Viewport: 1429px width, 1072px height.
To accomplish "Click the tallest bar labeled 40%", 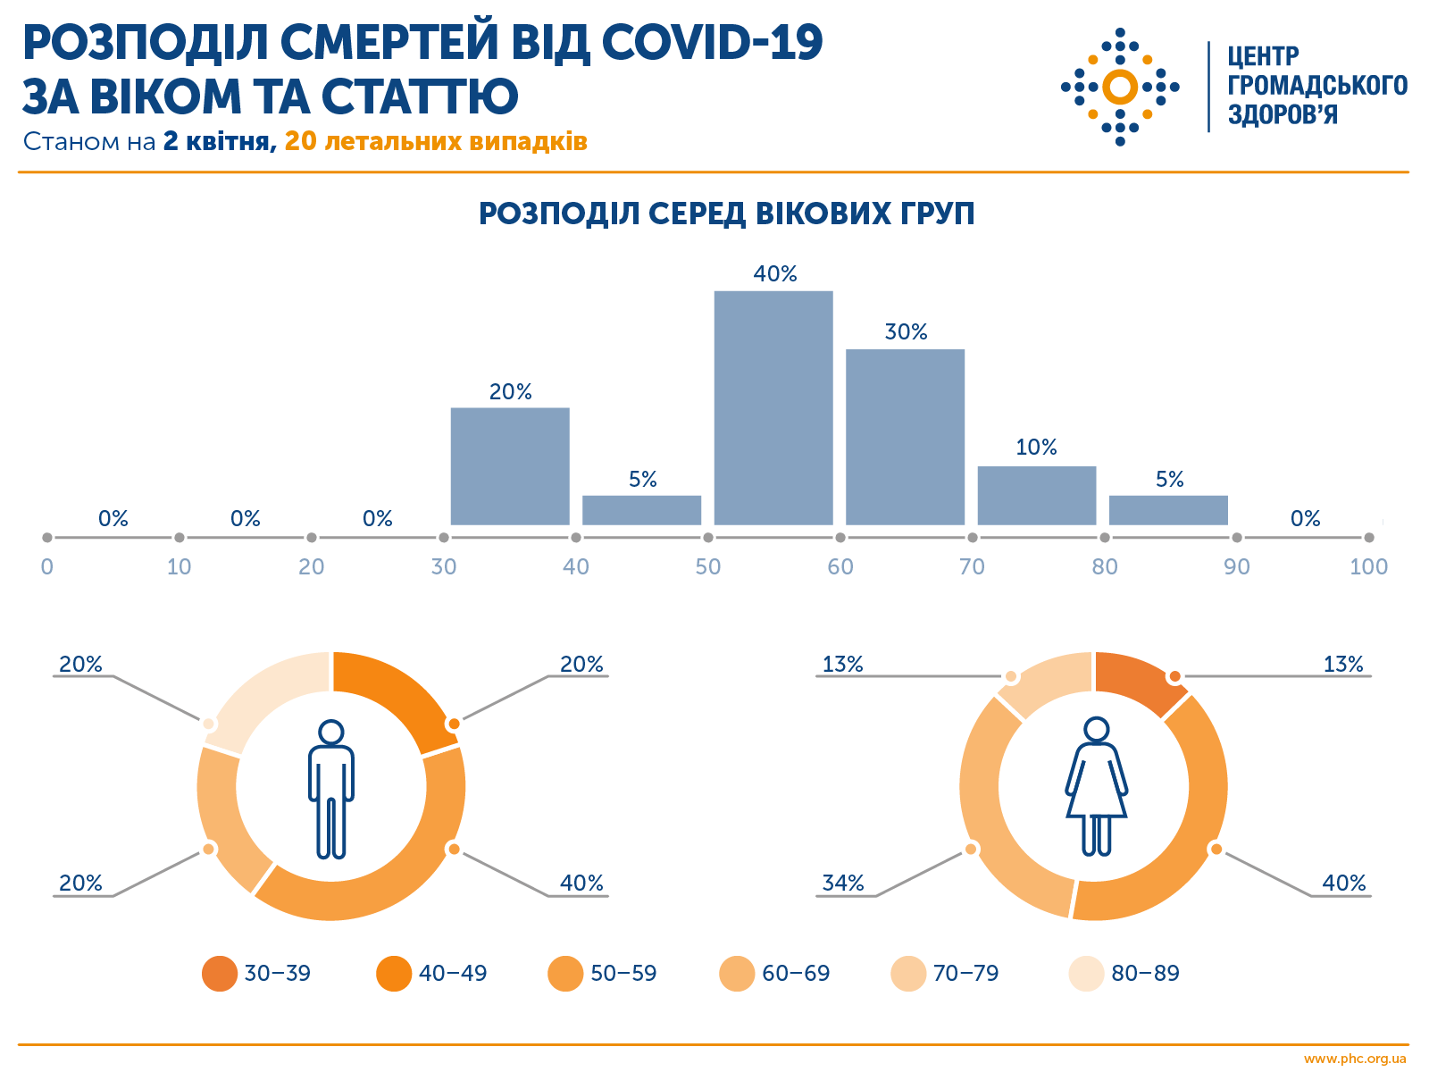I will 773,407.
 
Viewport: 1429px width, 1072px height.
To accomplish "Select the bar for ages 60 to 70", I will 905,437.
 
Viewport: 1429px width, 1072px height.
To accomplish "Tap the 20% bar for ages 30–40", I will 510,465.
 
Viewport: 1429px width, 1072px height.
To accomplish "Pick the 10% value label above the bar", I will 1036,447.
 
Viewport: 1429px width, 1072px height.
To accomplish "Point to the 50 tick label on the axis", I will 708,566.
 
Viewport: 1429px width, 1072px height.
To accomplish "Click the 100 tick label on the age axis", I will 1368,566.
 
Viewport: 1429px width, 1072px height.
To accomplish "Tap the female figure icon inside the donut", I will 1096,786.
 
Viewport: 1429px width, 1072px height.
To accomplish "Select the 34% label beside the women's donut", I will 842,883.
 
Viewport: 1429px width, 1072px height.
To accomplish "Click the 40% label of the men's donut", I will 581,883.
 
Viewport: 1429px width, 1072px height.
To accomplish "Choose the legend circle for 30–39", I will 220,974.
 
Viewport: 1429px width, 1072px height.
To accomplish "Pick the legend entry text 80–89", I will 1145,974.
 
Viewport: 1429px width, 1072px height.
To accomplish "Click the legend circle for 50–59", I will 565,974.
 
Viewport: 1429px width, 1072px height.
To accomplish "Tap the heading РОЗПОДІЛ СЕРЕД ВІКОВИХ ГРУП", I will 726,214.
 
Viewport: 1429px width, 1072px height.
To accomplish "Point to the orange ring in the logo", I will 1120,87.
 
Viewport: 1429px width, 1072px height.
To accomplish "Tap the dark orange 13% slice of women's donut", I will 1138,682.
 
